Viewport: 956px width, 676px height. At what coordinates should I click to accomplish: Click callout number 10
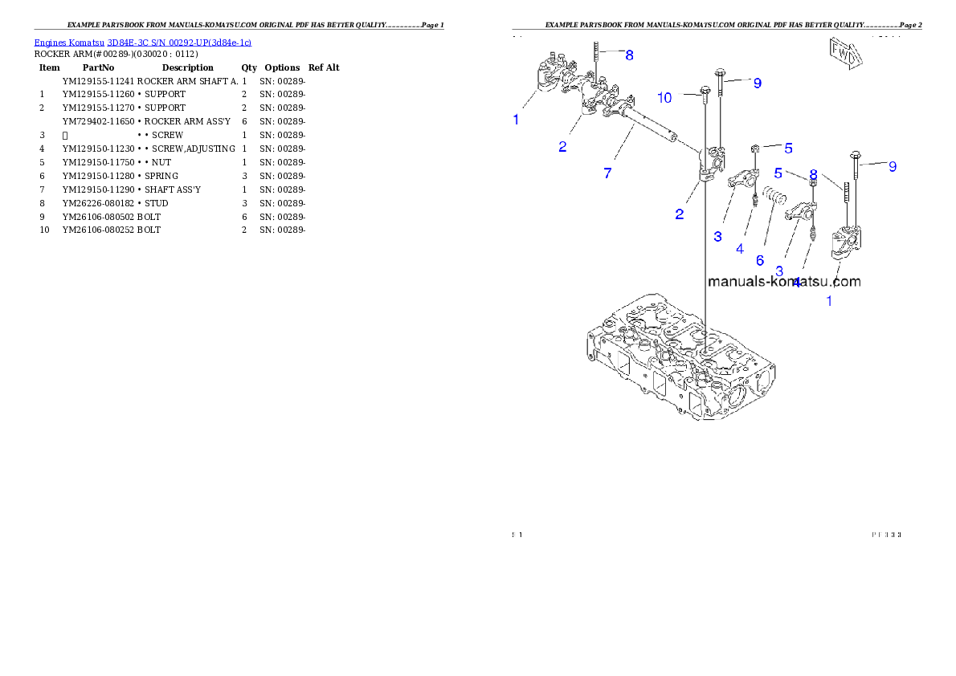(664, 97)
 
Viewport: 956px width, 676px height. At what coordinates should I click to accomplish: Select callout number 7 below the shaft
(607, 173)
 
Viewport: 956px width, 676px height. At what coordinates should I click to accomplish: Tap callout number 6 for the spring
(759, 260)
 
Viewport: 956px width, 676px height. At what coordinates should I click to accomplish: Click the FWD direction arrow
(845, 55)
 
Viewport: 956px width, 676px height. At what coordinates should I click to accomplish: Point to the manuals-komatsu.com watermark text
(783, 281)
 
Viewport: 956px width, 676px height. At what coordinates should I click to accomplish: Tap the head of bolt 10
(705, 90)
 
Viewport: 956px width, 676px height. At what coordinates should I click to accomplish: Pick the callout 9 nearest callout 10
(757, 83)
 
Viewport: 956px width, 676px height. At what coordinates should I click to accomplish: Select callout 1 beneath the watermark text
(829, 301)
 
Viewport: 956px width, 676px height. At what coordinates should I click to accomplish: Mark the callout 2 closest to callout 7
(562, 147)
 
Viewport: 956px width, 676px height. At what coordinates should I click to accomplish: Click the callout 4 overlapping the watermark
(796, 282)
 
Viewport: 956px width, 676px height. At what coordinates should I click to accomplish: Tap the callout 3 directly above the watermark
(778, 271)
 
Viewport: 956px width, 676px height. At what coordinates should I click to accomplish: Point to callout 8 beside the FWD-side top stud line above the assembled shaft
(629, 55)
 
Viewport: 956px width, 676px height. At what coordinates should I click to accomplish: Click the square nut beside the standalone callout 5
(756, 149)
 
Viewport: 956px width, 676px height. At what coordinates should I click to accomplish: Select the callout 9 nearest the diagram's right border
(892, 166)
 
